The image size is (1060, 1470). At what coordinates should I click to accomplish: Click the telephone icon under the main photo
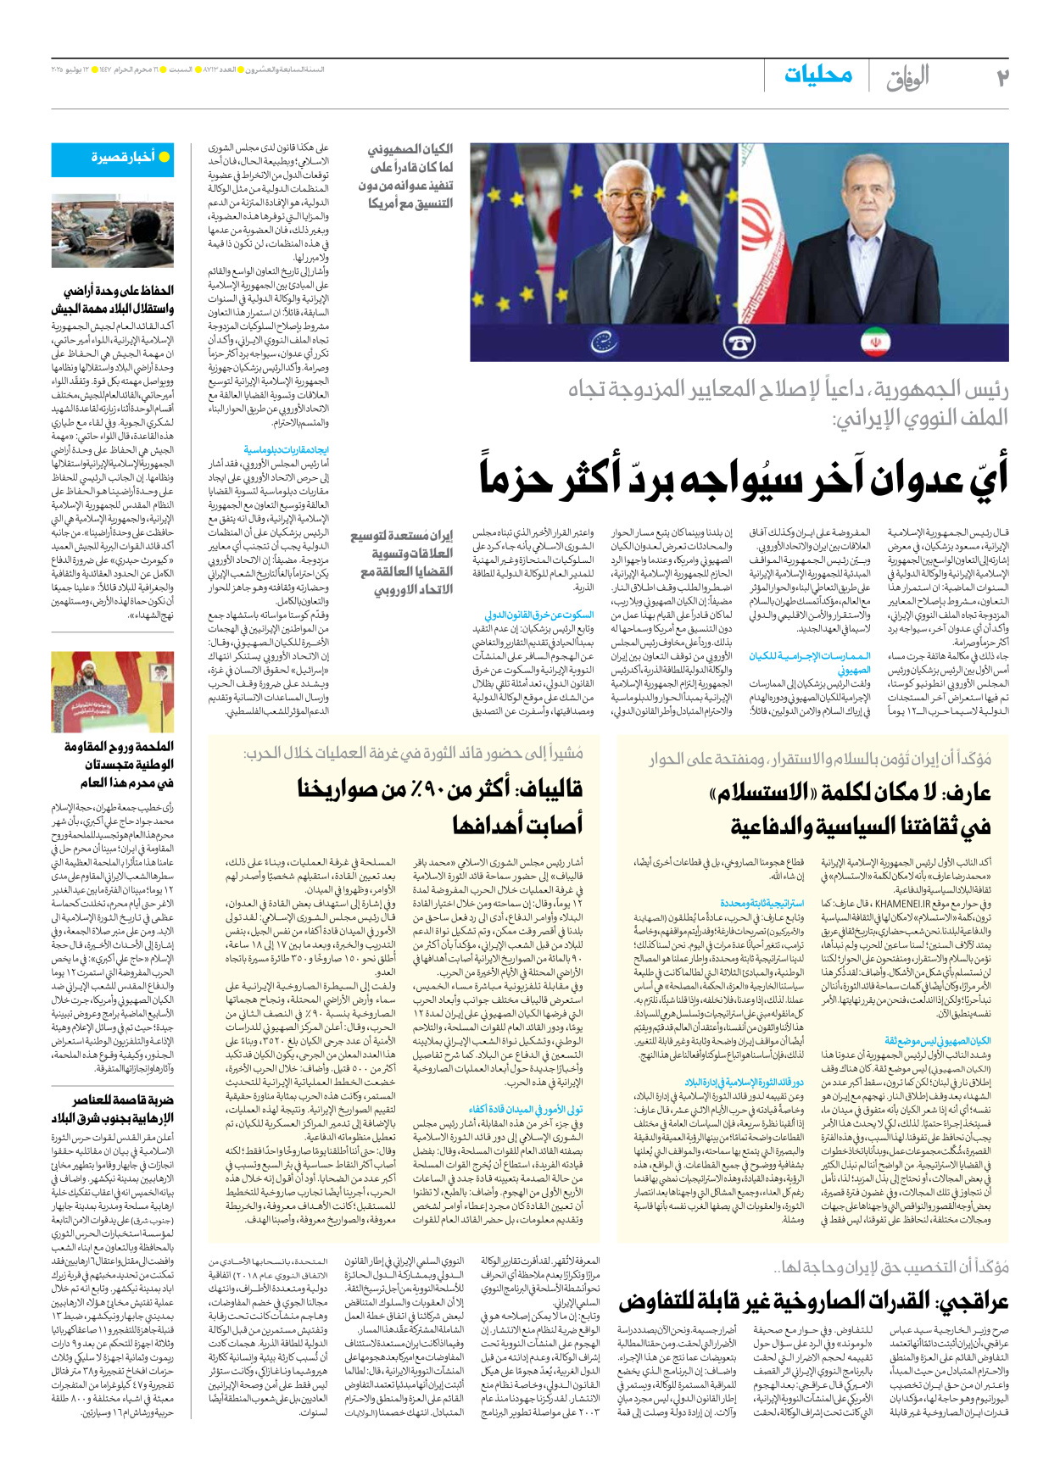point(740,342)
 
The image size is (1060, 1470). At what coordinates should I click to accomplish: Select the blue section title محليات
point(817,75)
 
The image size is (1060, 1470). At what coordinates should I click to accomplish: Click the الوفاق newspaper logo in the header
point(907,78)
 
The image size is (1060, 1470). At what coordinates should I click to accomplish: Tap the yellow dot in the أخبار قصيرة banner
point(165,157)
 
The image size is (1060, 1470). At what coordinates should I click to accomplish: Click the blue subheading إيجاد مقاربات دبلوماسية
point(286,450)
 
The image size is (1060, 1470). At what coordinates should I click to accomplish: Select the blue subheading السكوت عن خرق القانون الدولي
point(539,615)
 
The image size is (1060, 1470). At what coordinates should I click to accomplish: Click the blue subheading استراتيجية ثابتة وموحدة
point(762,904)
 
